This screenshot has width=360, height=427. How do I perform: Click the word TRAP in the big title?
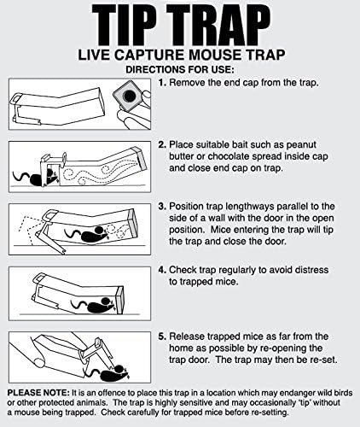(218, 26)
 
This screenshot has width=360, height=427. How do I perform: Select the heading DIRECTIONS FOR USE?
(180, 70)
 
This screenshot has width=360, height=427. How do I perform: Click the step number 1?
(162, 83)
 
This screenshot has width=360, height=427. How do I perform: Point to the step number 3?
(162, 207)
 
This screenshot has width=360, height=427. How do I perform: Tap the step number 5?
(162, 336)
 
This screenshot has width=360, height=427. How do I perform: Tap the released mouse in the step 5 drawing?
(109, 372)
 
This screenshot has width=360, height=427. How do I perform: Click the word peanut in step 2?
(301, 145)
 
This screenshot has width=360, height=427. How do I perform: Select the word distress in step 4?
(311, 270)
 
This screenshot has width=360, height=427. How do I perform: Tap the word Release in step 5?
(187, 336)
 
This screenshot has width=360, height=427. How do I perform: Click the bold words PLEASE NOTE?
(38, 393)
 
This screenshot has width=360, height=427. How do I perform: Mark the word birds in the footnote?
(343, 393)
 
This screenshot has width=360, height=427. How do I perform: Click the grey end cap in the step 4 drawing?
(120, 300)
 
